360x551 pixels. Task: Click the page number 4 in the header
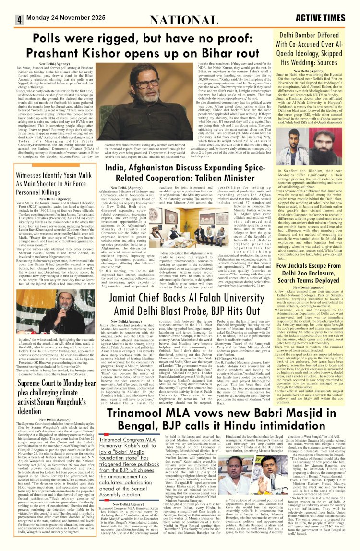pos(20,19)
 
